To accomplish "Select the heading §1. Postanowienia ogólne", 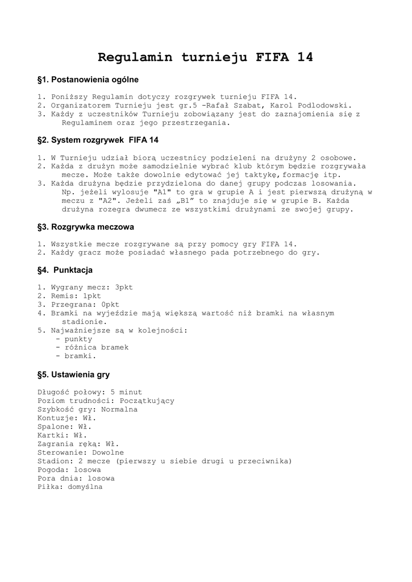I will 88,80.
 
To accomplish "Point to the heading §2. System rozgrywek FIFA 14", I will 98,140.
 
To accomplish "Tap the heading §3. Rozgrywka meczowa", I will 85,227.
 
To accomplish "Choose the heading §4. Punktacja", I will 65,270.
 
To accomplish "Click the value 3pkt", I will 124,287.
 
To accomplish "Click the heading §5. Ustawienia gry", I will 73,375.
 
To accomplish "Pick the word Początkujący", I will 147,401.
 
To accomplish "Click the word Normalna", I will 119,409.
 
